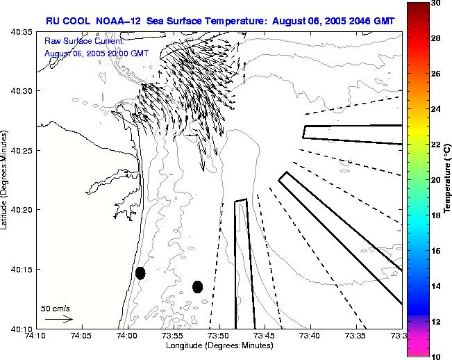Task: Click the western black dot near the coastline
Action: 140,273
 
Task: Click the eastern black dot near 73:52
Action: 197,286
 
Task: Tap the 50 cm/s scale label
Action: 56,308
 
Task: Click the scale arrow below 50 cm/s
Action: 58,319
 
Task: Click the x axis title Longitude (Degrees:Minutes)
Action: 219,346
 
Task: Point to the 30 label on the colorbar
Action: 435,3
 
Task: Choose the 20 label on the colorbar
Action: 435,180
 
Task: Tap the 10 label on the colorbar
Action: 435,357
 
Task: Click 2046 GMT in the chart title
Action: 374,21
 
